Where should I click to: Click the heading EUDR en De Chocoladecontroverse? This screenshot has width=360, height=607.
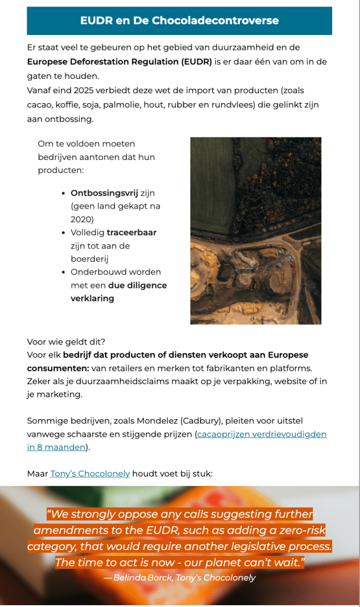(179, 21)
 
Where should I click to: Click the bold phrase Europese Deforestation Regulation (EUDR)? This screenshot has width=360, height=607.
(119, 62)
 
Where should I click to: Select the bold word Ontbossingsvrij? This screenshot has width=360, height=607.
(104, 193)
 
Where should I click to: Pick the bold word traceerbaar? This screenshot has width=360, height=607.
(132, 232)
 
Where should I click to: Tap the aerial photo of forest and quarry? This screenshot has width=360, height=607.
(256, 231)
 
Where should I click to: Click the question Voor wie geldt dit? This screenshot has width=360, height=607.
(66, 342)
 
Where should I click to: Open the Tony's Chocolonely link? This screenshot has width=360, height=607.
(90, 474)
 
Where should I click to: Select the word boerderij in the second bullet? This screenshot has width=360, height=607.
(91, 259)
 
